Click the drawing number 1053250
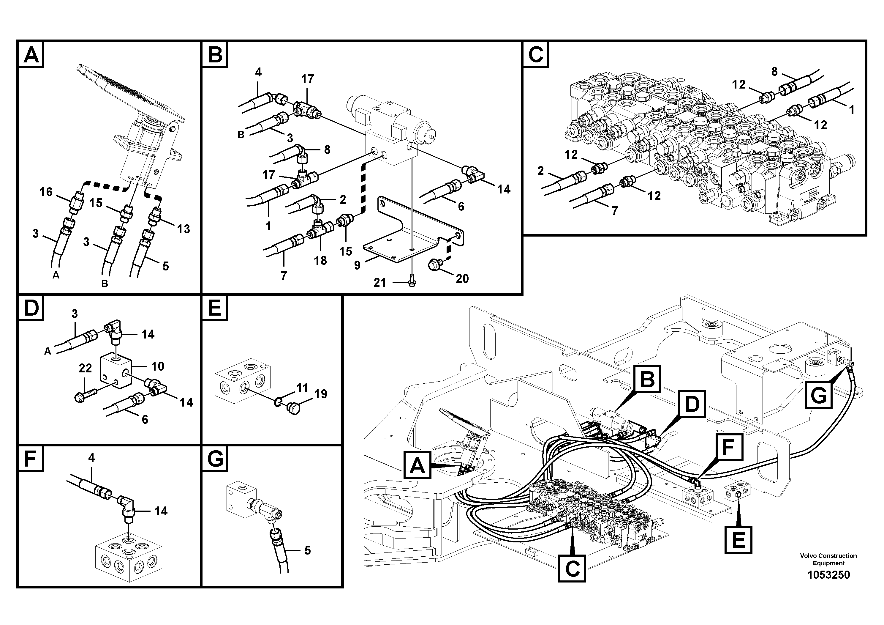click(x=828, y=574)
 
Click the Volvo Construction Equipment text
click(x=828, y=559)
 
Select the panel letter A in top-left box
click(x=31, y=55)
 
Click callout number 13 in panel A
click(x=184, y=229)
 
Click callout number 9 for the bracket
click(x=357, y=265)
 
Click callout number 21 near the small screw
click(x=379, y=283)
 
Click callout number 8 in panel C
click(x=774, y=71)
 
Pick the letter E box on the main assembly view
click(x=738, y=540)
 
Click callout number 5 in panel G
click(x=307, y=550)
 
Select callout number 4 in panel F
click(x=91, y=458)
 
